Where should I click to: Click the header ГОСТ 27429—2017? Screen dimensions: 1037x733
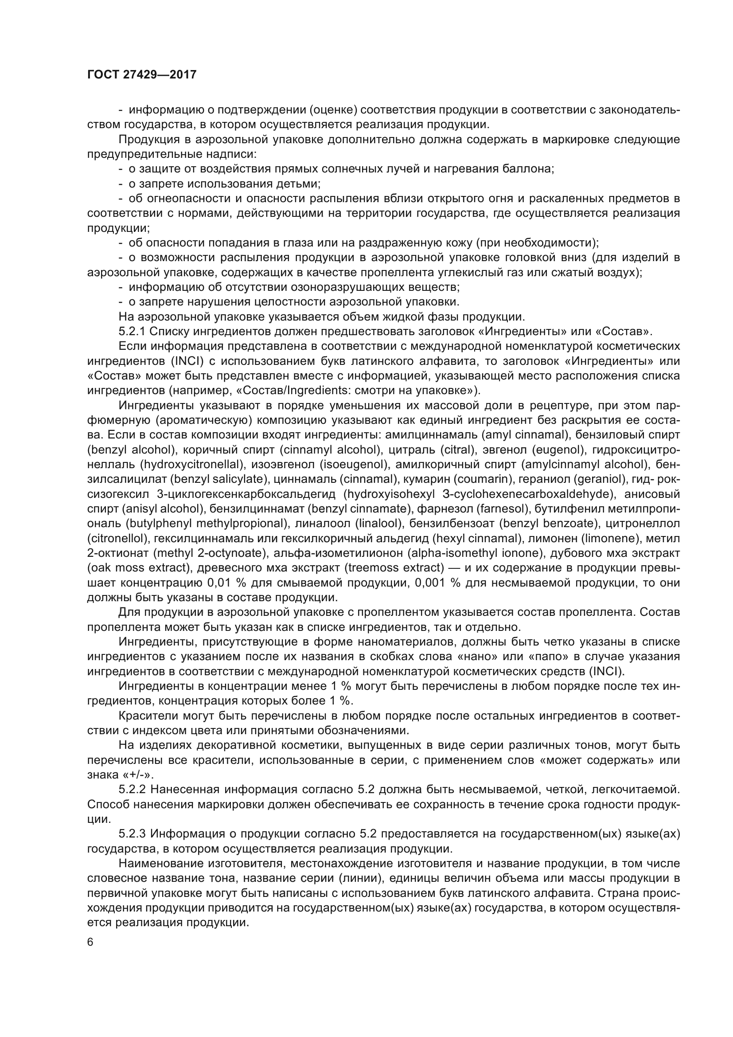(x=142, y=74)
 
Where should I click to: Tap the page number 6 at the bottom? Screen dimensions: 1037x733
(x=90, y=942)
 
